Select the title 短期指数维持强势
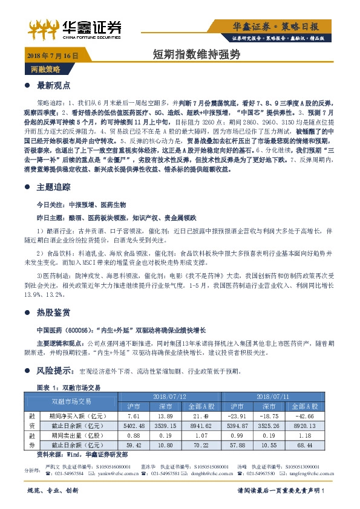197,55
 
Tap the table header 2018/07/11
273,395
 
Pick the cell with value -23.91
240,417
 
